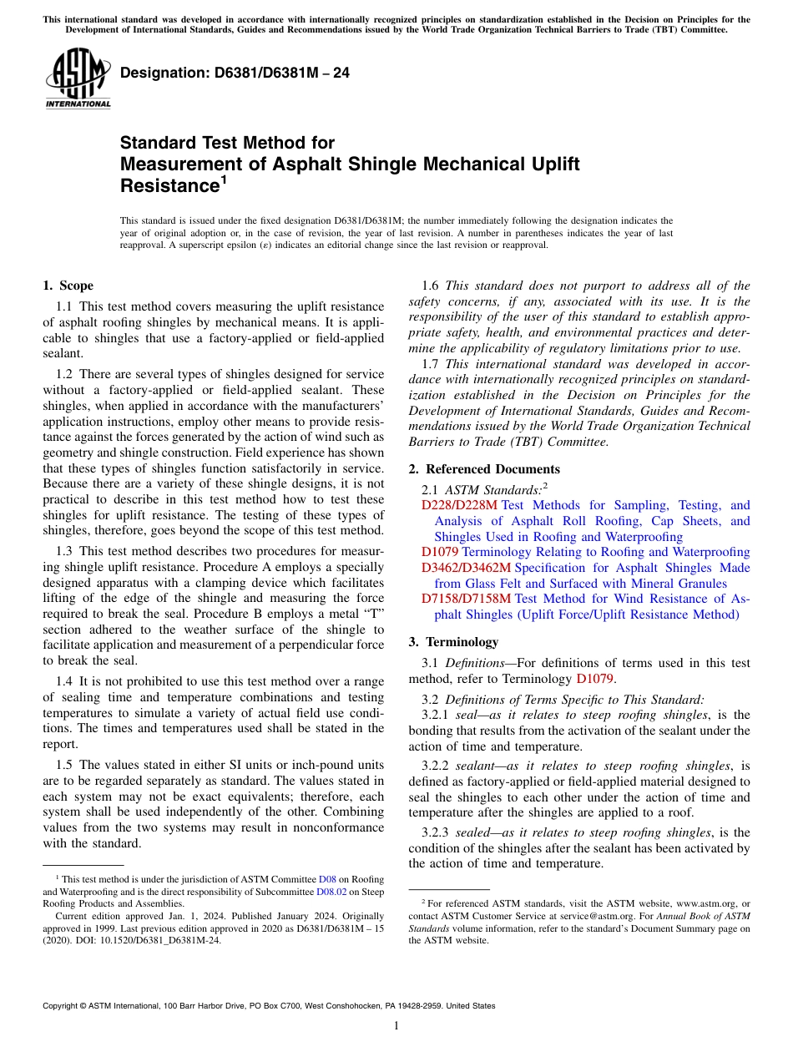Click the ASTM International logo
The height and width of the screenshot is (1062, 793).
(x=78, y=79)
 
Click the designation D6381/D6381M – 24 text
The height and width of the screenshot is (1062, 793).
(x=235, y=73)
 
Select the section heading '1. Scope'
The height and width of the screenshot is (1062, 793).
(x=68, y=286)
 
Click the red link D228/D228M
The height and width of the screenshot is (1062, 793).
(x=459, y=505)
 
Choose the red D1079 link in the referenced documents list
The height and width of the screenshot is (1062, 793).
(x=440, y=552)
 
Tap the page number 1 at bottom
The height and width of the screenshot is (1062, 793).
(x=396, y=1026)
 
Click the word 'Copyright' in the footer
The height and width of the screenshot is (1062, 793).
(x=63, y=1006)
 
